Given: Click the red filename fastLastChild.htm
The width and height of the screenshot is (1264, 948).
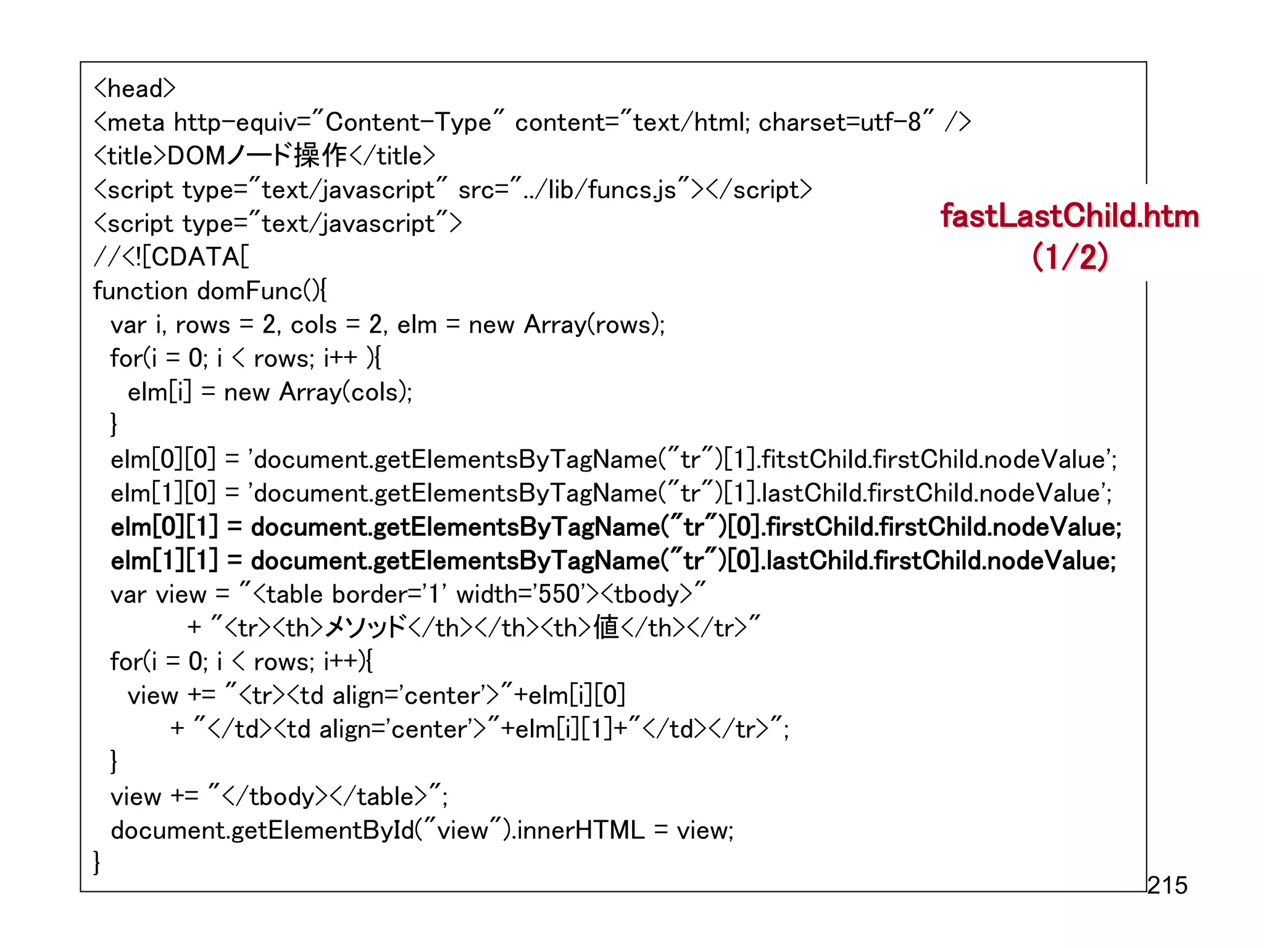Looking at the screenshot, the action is [x=1070, y=217].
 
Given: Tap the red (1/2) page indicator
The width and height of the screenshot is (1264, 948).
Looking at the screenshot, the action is [x=1070, y=257].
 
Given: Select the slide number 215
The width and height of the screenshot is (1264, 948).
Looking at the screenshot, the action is [x=1167, y=885].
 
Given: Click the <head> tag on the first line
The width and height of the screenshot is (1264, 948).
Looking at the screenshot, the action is [x=135, y=89].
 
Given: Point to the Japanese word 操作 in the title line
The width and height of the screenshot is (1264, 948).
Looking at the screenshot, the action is [x=320, y=156].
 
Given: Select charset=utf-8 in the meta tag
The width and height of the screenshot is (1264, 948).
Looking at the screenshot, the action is [x=839, y=122].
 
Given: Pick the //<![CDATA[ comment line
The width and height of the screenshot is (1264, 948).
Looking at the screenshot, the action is [x=172, y=257].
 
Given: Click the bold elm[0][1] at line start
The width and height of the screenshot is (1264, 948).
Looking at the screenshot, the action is [x=164, y=527].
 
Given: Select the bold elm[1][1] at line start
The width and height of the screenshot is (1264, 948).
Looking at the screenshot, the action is [x=164, y=561].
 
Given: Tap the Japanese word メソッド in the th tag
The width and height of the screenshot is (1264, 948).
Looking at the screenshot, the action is [x=365, y=628].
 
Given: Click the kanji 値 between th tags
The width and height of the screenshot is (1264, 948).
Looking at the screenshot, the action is [x=606, y=628].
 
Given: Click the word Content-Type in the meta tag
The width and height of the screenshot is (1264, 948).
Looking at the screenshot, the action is [x=408, y=122].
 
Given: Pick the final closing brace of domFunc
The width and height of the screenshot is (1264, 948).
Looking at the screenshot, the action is [x=97, y=863].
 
